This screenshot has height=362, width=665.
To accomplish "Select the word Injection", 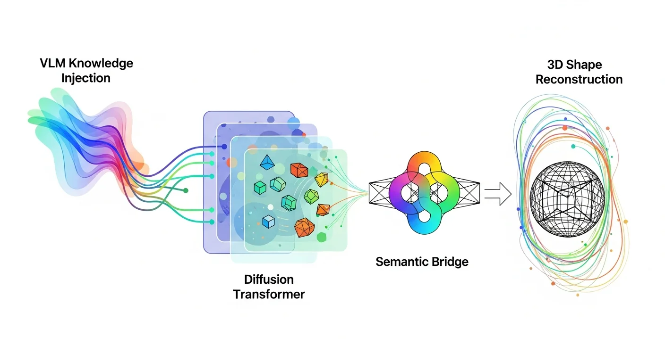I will pos(86,78).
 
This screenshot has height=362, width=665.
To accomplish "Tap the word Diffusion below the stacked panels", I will pos(269,279).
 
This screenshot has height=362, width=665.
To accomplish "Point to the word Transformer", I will pos(269,295).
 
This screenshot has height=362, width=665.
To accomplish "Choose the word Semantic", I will pos(398,261).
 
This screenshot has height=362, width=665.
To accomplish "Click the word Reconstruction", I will pos(579,79).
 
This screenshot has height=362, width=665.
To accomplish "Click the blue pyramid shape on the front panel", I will pos(267,162).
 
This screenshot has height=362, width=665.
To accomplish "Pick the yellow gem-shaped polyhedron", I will pos(321,179).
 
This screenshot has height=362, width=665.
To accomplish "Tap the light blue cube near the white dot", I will pos(269,221).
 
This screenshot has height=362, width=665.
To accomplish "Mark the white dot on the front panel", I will pos(270,207).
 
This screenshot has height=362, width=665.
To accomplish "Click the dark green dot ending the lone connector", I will pos(186,190).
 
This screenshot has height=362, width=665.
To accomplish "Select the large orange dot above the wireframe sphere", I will pos(564,128).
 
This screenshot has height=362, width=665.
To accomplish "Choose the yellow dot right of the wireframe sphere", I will pos(626,221).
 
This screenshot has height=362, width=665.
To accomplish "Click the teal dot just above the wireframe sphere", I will pos(573,147).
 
